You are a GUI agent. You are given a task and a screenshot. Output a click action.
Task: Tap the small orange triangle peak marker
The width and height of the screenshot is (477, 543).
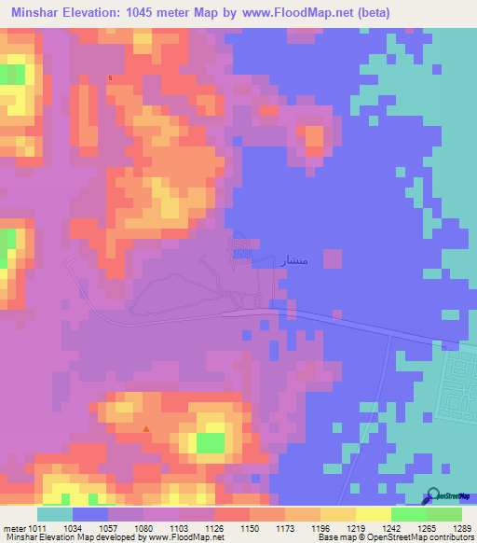(x=145, y=429)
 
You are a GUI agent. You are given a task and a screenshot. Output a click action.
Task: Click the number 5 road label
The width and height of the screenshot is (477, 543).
(x=110, y=77)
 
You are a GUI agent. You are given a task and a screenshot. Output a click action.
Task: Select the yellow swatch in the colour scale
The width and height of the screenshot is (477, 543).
(x=373, y=514)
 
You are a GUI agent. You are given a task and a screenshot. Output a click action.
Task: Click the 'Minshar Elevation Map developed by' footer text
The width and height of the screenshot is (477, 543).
(x=61, y=538)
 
